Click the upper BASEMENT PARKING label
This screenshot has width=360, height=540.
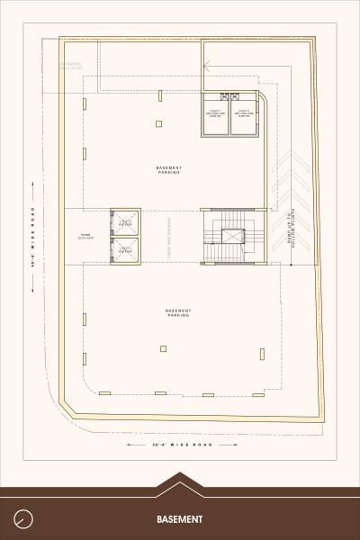point(169,170)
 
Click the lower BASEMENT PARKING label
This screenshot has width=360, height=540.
point(177,312)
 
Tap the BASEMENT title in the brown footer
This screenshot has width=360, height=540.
point(179,519)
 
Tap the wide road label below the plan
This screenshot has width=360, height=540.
point(180,445)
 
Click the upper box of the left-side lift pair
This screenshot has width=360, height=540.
point(125,222)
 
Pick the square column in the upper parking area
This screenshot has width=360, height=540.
point(158,123)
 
